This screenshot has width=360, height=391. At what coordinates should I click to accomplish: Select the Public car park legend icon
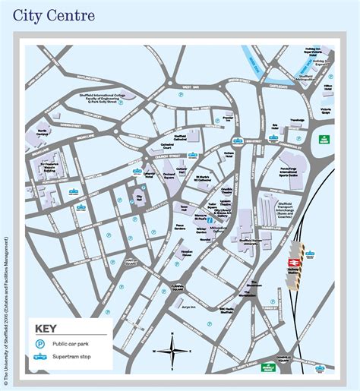pos(39,322)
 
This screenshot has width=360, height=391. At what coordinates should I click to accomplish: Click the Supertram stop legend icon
pos(39,335)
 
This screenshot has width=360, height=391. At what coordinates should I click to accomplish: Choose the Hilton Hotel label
pos(328,88)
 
